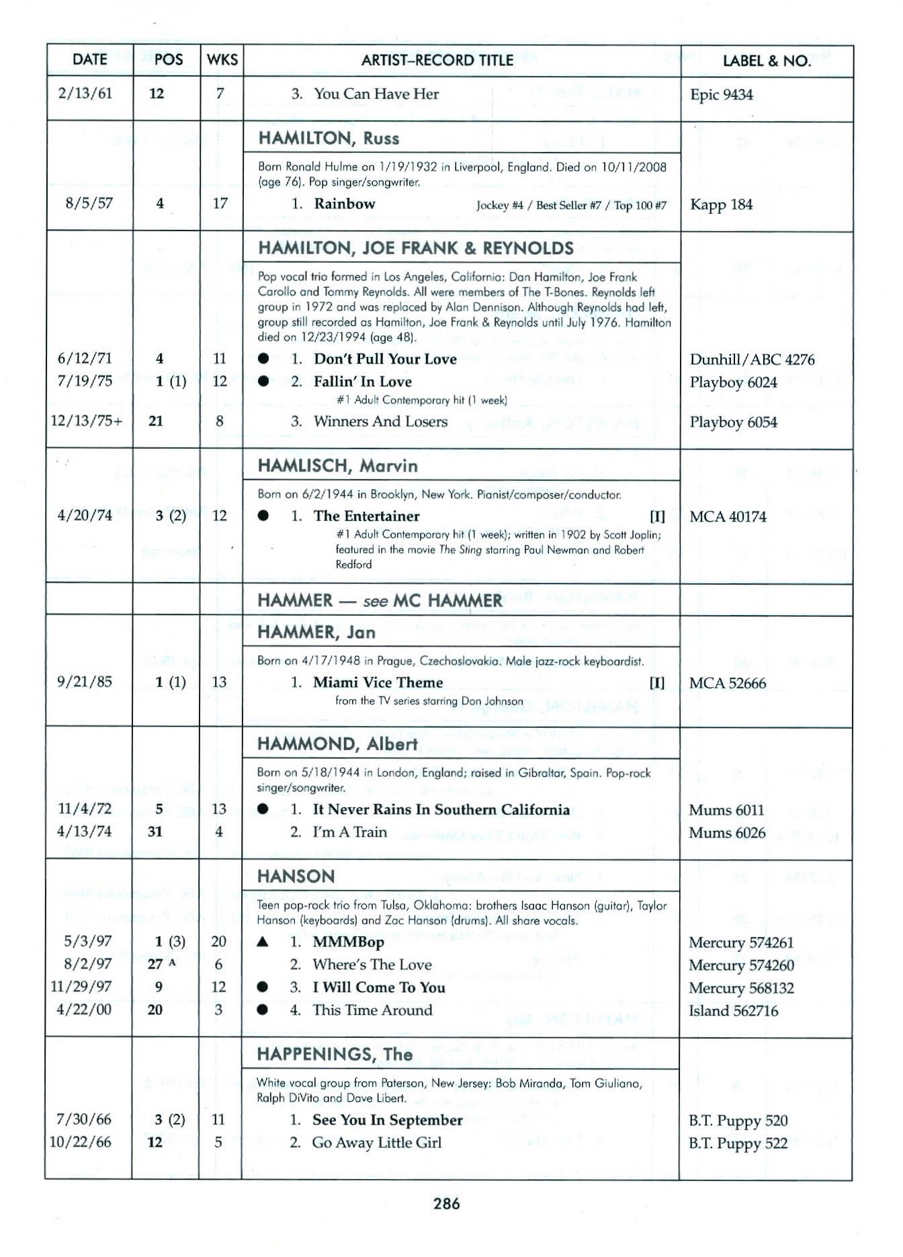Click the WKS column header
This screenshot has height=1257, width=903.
(222, 60)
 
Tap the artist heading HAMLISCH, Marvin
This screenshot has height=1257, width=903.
(337, 466)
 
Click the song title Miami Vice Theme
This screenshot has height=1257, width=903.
(378, 682)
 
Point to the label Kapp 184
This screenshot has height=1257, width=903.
(721, 204)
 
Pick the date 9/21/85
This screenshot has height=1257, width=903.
(85, 682)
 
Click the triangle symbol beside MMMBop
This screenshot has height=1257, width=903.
(263, 942)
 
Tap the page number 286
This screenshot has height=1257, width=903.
(446, 1203)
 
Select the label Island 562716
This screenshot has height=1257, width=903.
(733, 1010)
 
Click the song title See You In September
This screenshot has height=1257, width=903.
(387, 1120)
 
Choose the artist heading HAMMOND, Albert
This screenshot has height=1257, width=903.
(337, 744)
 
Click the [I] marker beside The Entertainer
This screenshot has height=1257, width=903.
(657, 516)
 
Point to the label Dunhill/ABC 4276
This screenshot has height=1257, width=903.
(752, 360)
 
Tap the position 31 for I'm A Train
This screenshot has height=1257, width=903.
(155, 832)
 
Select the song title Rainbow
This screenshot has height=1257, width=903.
(344, 204)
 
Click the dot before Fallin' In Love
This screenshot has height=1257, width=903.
(263, 382)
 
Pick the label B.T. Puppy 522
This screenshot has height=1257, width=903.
(738, 1143)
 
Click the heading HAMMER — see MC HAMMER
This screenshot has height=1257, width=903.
(380, 600)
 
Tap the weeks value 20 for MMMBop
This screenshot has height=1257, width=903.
(218, 941)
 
